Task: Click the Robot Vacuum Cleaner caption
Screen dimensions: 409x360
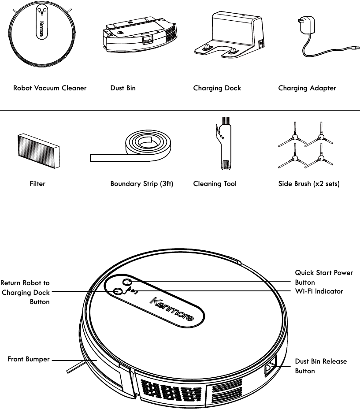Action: pyautogui.click(x=50, y=88)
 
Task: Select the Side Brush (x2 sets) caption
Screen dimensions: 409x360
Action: pyautogui.click(x=309, y=184)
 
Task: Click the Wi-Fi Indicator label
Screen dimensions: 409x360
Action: pyautogui.click(x=319, y=291)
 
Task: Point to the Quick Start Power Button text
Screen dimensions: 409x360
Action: pyautogui.click(x=324, y=277)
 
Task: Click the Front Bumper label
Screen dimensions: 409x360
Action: pyautogui.click(x=28, y=360)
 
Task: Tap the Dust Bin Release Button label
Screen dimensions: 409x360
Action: pyautogui.click(x=321, y=366)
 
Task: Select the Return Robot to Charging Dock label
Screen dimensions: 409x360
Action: pyautogui.click(x=26, y=292)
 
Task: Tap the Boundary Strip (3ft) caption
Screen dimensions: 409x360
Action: pyautogui.click(x=141, y=184)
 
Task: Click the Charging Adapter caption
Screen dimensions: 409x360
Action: pyautogui.click(x=307, y=88)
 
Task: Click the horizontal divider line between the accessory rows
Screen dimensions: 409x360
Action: pyautogui.click(x=180, y=110)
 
